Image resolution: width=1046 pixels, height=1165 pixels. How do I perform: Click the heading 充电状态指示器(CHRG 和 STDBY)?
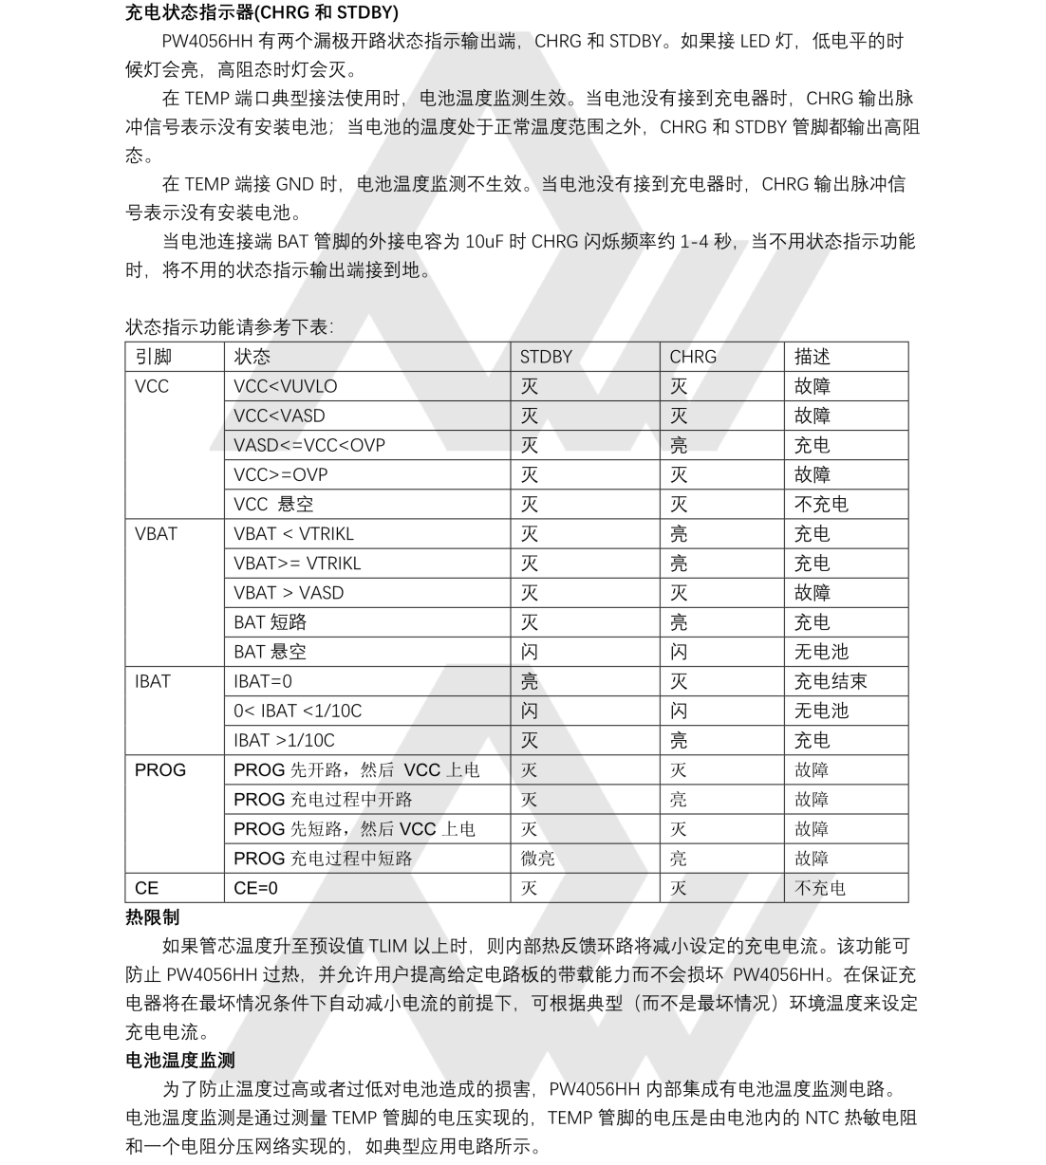262,12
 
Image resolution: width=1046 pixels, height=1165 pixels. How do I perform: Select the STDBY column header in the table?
546,357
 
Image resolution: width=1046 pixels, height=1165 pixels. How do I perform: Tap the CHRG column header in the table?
693,357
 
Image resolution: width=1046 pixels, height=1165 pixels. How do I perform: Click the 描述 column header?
813,357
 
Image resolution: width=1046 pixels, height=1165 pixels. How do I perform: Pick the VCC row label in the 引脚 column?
152,386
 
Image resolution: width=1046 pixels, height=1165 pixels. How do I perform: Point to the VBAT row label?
156,533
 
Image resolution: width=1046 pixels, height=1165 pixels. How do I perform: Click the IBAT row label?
153,681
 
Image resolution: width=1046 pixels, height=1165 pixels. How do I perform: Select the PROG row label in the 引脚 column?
160,769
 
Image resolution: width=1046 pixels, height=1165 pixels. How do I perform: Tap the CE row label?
147,888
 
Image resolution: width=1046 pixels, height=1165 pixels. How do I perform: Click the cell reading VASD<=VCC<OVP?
309,445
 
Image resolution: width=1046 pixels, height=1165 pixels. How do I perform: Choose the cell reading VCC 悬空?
273,504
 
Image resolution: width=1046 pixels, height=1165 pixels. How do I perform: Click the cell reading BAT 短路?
271,622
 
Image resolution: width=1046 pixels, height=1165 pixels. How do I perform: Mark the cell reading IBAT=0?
263,681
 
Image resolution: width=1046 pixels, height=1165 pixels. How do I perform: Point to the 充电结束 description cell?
831,681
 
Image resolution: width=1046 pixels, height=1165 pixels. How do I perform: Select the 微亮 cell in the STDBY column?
538,859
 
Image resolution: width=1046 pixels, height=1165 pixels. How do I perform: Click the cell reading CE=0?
256,888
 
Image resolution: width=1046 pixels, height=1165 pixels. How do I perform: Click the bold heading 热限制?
152,917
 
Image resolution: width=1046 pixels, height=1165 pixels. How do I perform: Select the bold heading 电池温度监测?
180,1060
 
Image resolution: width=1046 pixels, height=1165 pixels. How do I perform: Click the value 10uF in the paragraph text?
485,241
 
